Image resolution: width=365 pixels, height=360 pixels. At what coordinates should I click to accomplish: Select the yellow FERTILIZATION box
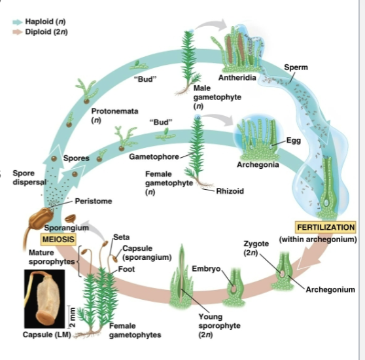tap(325, 227)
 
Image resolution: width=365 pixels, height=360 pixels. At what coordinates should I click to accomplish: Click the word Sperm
tap(296, 67)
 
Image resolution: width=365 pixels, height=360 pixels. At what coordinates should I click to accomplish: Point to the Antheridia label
tap(242, 78)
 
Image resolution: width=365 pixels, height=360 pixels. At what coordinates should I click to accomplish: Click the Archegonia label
tap(258, 164)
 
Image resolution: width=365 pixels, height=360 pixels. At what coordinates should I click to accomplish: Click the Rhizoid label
tap(230, 191)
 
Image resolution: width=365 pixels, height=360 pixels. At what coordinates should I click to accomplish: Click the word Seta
tap(121, 236)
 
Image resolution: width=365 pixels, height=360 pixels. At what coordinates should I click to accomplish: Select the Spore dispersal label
tap(24, 177)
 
